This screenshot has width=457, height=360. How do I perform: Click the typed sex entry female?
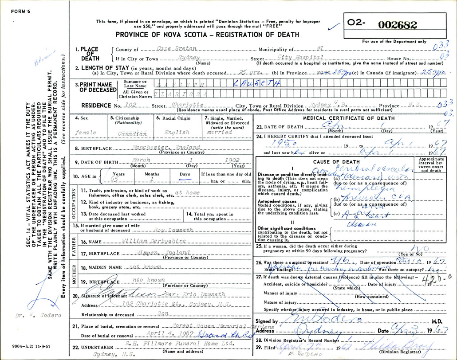(x=86, y=133)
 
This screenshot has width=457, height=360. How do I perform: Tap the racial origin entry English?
(x=177, y=132)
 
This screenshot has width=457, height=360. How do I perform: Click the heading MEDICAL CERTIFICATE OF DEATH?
(x=348, y=118)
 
